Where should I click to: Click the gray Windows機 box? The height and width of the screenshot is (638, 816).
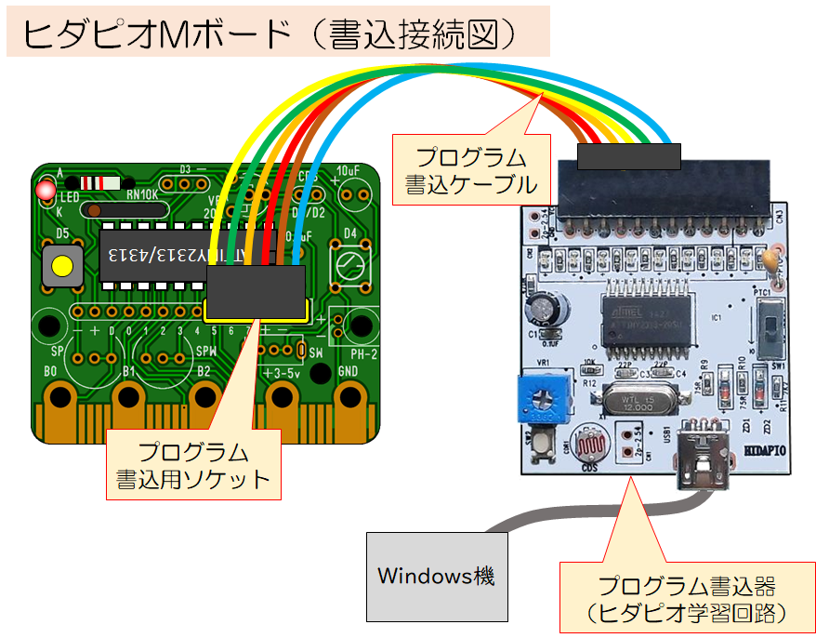pos(437,577)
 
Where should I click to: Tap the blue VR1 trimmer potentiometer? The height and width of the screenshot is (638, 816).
pos(541,397)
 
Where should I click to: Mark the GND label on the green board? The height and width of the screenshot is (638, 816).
pos(349,371)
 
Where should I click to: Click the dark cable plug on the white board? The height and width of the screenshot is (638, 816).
pos(628,157)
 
